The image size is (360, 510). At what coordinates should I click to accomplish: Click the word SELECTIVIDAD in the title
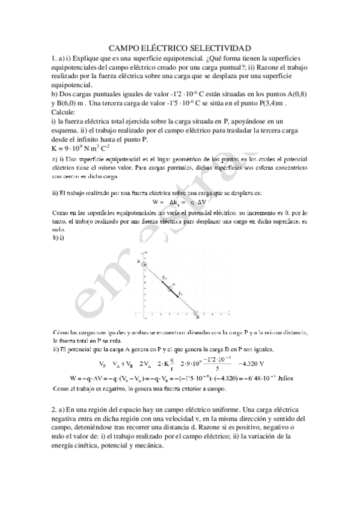point(219,48)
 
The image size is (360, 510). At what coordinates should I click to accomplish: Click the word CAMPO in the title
point(124,48)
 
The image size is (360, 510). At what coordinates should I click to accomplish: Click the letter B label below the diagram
point(198,318)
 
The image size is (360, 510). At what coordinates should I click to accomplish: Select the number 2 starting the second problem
point(54,409)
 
